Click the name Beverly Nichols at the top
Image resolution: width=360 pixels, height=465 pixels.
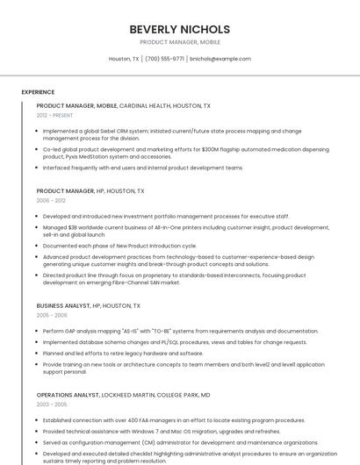coord(180,29)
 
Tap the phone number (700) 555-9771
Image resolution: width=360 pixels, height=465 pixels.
coord(164,59)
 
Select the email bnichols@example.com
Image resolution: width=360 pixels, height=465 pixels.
coord(220,59)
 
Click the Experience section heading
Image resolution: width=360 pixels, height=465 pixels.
coord(38,92)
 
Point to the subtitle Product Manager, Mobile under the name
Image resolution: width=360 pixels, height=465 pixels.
coord(180,42)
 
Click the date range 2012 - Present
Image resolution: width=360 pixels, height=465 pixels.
coord(54,115)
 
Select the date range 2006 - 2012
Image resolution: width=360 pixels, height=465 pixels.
coord(51,200)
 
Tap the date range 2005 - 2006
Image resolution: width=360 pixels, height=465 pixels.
coord(52,315)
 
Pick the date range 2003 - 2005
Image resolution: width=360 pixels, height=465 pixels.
coord(52,404)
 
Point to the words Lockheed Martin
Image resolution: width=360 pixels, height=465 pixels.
coord(132,395)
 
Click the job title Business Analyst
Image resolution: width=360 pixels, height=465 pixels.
coord(62,305)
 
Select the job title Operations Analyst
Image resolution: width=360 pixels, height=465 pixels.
coord(66,395)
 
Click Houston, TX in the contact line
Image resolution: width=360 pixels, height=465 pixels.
coord(124,59)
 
